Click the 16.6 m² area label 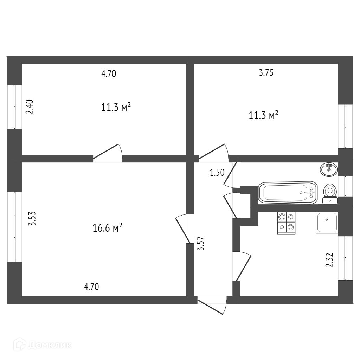(x=107, y=228)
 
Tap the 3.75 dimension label (x=266, y=73)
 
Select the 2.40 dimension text (x=30, y=107)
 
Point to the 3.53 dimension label (x=32, y=218)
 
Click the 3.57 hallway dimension (x=201, y=243)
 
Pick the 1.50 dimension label (x=217, y=172)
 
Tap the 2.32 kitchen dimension (x=329, y=260)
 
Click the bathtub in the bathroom (x=287, y=192)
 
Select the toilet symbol (x=330, y=193)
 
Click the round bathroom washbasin (x=329, y=169)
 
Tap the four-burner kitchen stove (x=286, y=223)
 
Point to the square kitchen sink (x=327, y=223)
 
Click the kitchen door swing (x=243, y=266)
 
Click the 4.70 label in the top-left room (x=108, y=74)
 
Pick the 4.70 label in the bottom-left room (x=91, y=287)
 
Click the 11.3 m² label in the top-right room (x=264, y=115)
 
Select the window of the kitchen (x=345, y=258)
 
